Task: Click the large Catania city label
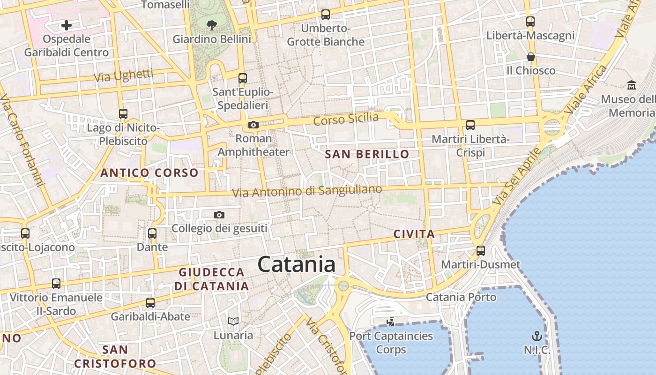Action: tap(297, 265)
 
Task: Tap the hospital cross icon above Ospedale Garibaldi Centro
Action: tap(67, 25)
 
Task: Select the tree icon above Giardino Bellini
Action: tap(212, 24)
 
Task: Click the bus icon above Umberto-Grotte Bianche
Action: tap(326, 15)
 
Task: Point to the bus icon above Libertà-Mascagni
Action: tap(530, 22)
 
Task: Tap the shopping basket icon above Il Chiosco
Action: tap(531, 57)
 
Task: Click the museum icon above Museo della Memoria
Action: tap(632, 85)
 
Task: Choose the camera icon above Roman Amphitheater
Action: tap(253, 125)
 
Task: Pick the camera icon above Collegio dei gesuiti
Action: tap(219, 215)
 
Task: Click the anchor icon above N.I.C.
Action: tap(537, 336)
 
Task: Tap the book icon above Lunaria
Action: tap(233, 322)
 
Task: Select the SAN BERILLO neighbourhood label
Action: tap(367, 154)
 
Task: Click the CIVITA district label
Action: tap(414, 234)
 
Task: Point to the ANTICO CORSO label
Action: tap(149, 173)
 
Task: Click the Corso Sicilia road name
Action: tap(346, 119)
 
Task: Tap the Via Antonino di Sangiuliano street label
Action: tap(307, 191)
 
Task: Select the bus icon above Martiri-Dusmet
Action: tap(481, 250)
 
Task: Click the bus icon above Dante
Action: tap(152, 233)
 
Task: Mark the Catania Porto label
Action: tap(461, 297)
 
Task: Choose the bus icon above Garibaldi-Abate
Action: tap(150, 303)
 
